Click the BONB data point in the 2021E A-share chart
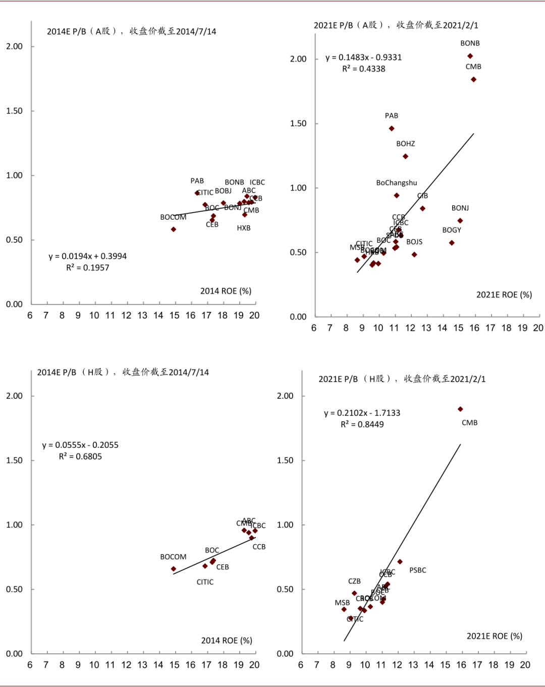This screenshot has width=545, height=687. click(470, 56)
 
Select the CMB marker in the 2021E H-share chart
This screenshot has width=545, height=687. click(460, 409)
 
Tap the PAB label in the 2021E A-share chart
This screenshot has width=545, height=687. click(392, 116)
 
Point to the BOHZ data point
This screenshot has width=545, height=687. click(405, 156)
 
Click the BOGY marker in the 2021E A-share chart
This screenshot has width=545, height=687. click(452, 243)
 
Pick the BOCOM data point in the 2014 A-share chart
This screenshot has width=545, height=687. click(174, 229)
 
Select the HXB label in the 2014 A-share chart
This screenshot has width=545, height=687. click(244, 228)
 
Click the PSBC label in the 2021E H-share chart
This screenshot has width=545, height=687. click(418, 570)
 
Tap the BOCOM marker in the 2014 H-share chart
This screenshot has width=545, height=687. click(174, 569)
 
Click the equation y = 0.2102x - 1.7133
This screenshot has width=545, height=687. click(362, 413)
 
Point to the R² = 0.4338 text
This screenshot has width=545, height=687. click(363, 69)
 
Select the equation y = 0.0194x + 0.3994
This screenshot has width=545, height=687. click(88, 256)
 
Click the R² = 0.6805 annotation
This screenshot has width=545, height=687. click(80, 456)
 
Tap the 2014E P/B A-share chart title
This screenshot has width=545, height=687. click(131, 31)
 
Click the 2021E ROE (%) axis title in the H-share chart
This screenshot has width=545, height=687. click(494, 636)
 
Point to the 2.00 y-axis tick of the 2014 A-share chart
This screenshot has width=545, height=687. click(14, 46)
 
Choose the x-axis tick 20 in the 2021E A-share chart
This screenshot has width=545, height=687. click(538, 328)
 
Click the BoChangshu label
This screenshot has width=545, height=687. click(397, 183)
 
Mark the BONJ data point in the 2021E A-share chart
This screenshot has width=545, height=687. click(460, 221)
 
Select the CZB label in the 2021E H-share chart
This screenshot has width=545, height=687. click(354, 582)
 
